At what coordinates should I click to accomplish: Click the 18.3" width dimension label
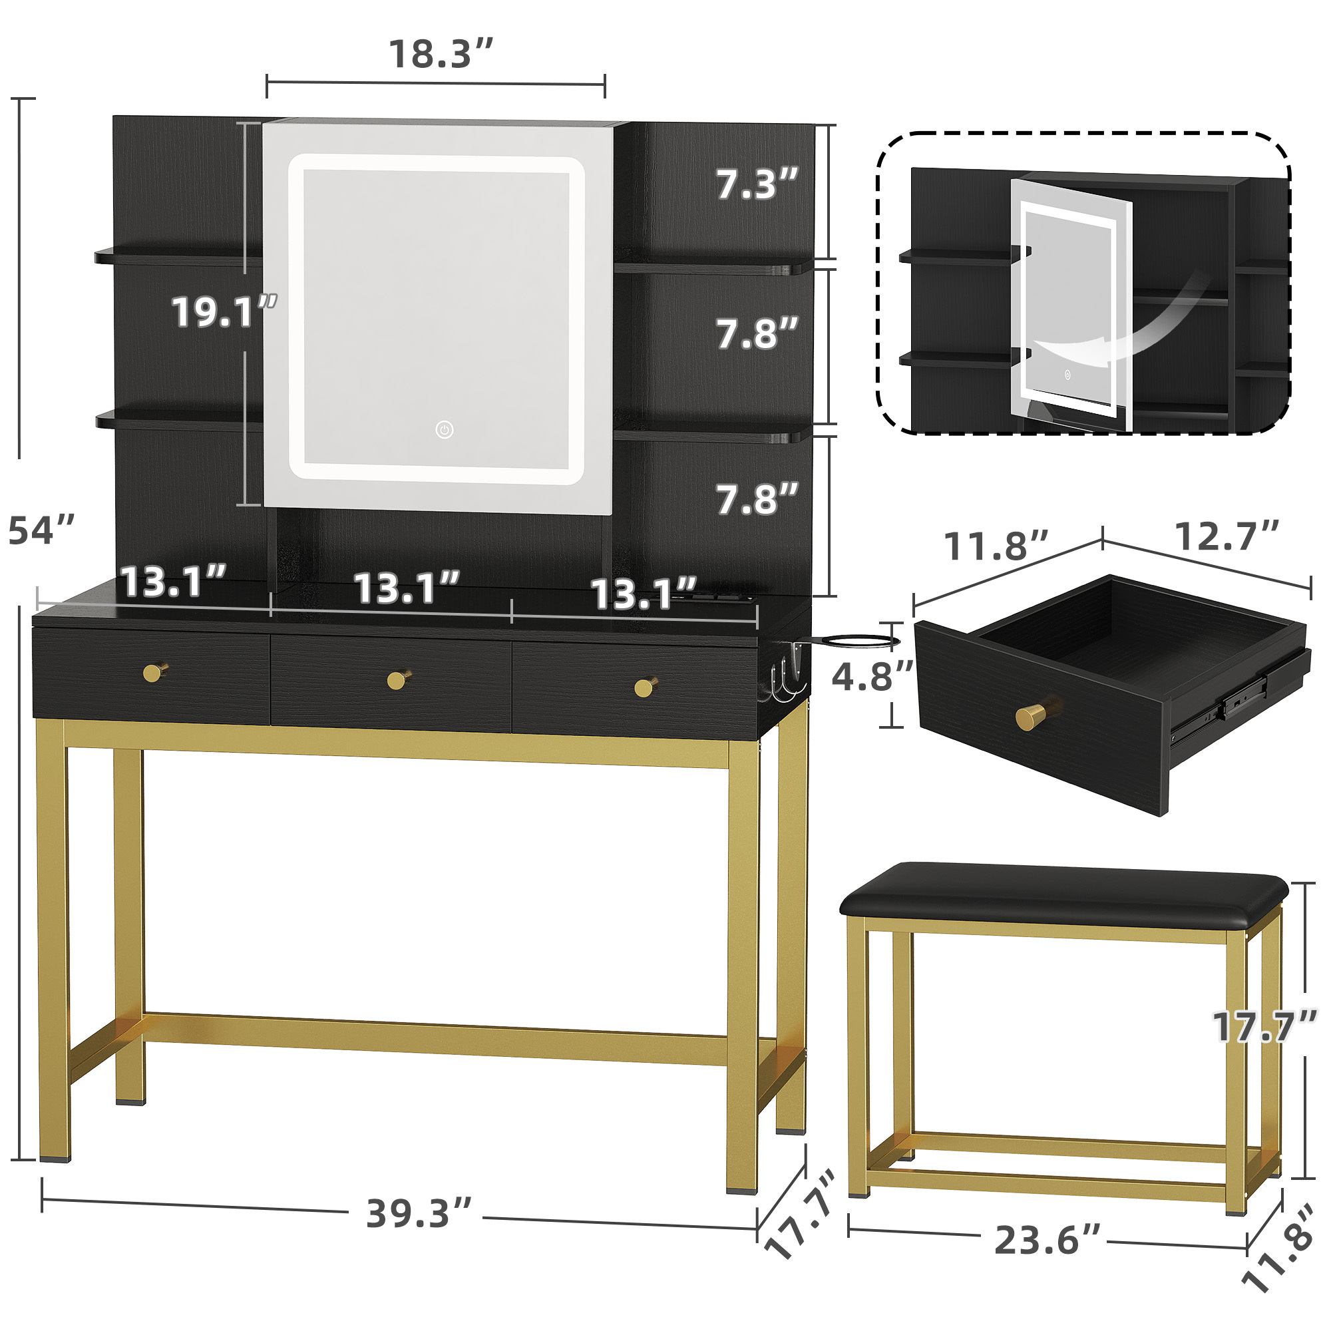[x=441, y=54]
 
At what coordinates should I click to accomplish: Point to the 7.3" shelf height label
[x=757, y=184]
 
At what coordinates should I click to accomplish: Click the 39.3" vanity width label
[x=419, y=1213]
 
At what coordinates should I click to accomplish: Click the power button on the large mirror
[x=445, y=431]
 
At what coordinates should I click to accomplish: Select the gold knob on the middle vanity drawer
[x=398, y=679]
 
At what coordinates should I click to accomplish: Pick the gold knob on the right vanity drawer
[x=645, y=686]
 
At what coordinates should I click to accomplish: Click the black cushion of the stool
[x=1063, y=895]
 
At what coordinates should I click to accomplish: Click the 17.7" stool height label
[x=1265, y=1026]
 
